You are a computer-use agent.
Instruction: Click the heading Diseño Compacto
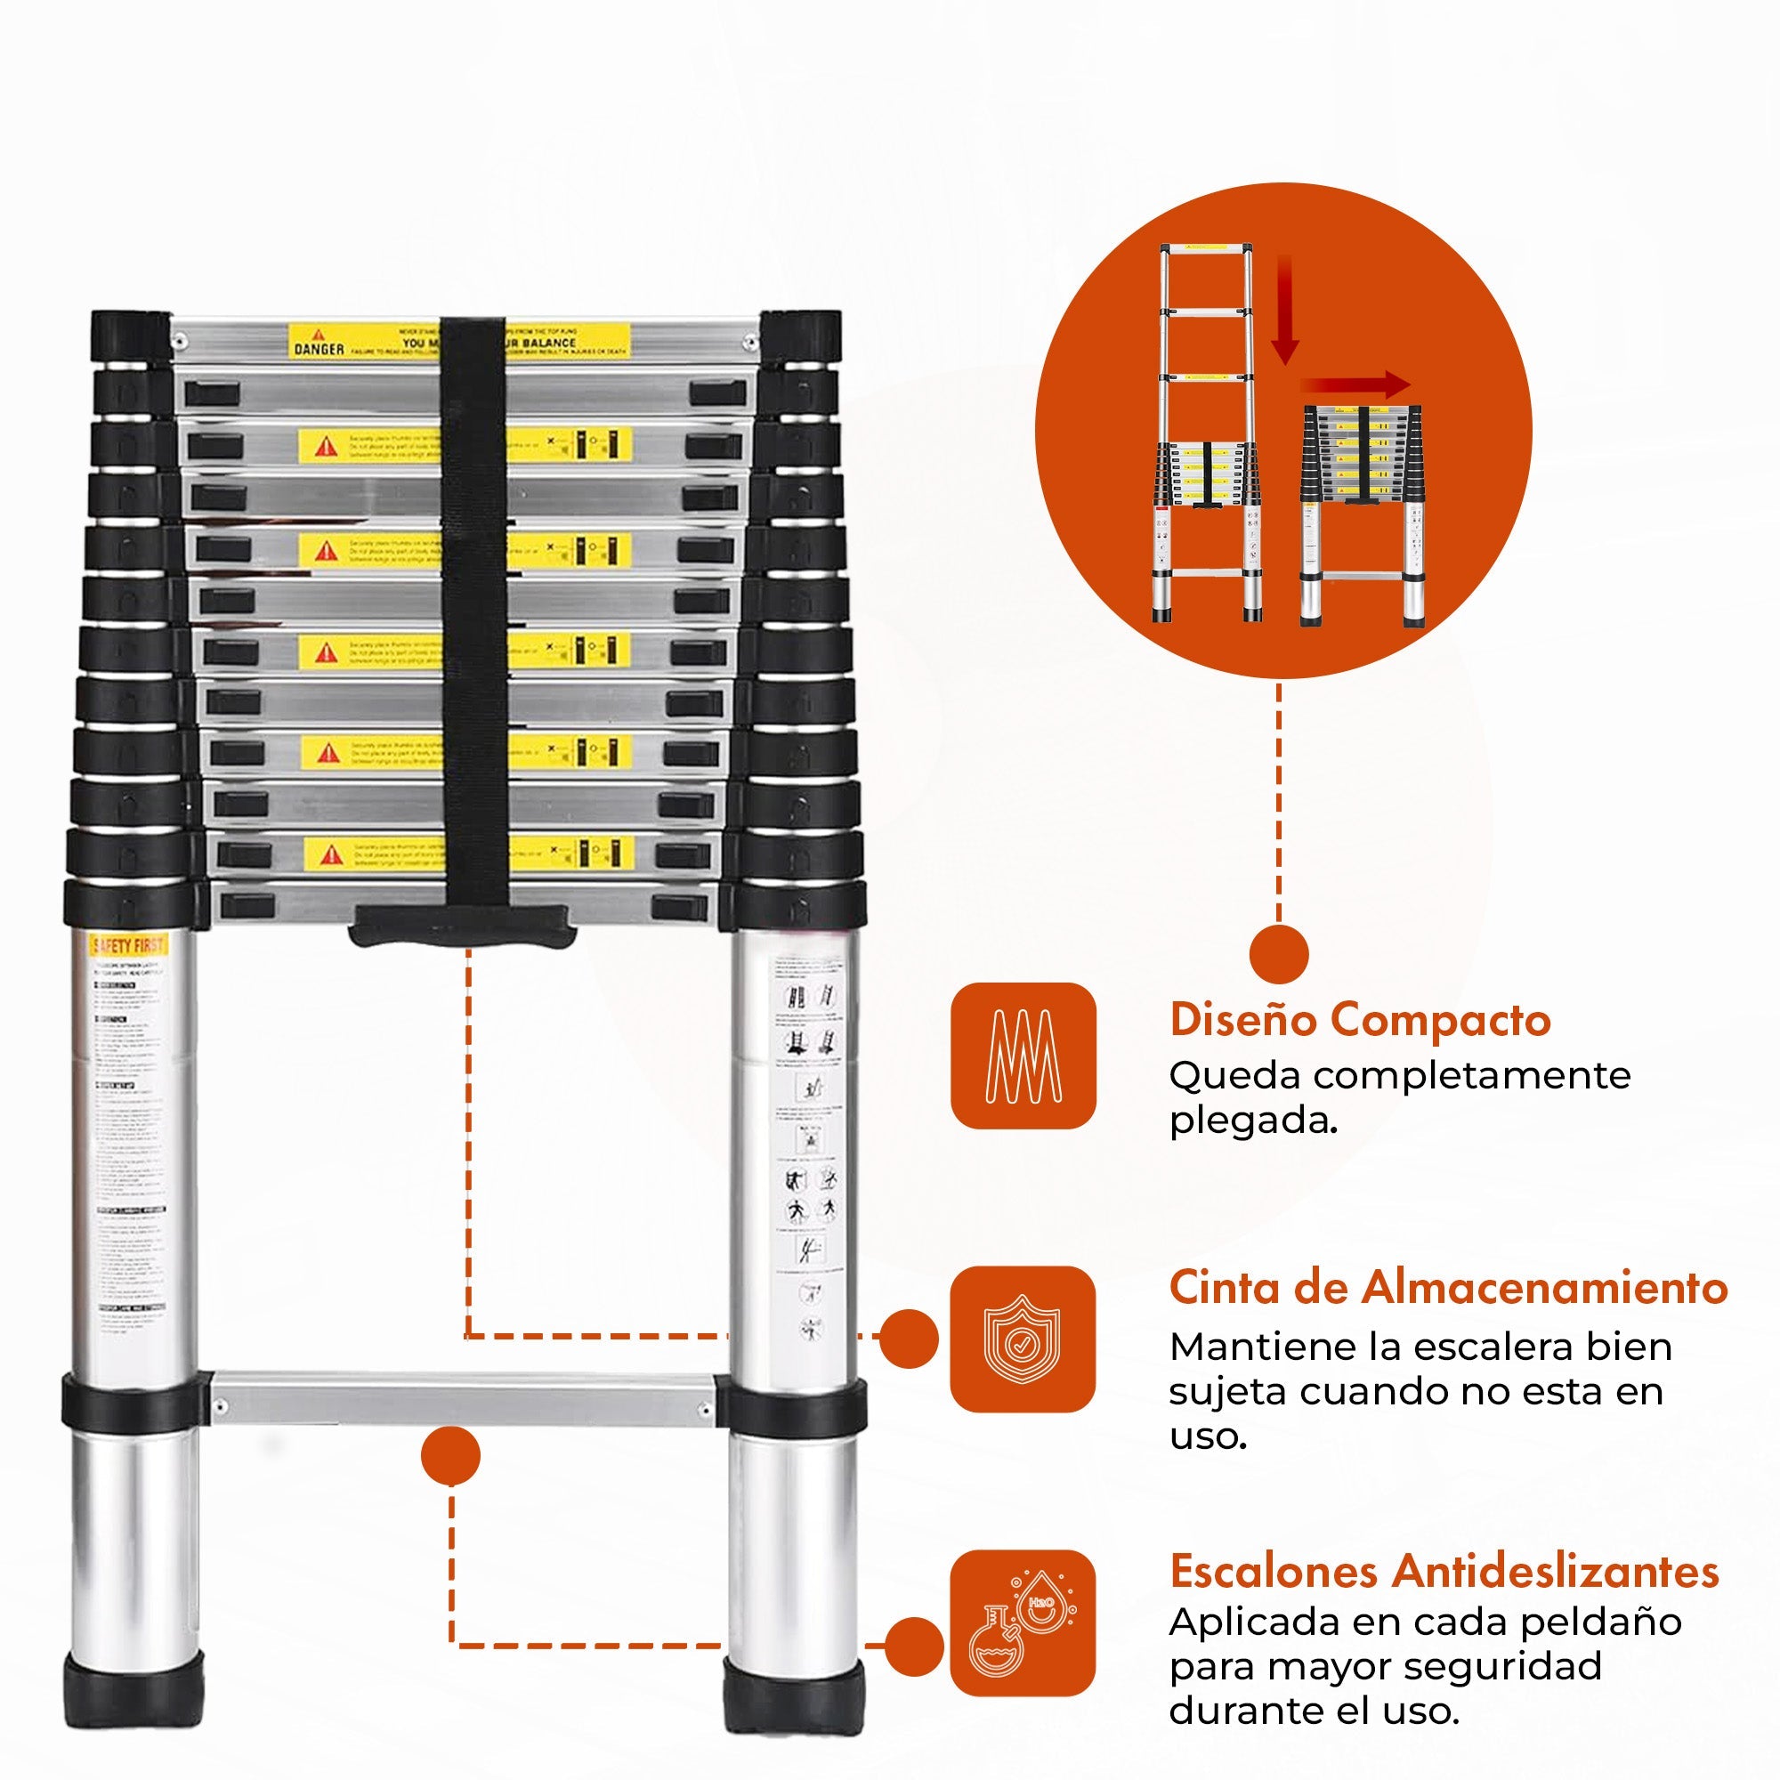(x=1360, y=1021)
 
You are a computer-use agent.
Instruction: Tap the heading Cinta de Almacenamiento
(x=1447, y=1288)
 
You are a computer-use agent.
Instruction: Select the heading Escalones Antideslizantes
(x=1444, y=1572)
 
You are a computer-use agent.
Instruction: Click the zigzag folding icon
(x=1023, y=1056)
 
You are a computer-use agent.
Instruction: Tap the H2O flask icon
(x=1023, y=1623)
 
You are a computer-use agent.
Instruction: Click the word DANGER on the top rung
(x=319, y=349)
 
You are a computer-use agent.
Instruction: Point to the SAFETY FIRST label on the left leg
(x=128, y=945)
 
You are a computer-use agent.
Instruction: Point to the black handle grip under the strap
(x=463, y=925)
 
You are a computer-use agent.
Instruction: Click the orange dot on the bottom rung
(x=450, y=1456)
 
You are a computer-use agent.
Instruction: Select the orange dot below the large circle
(x=1279, y=953)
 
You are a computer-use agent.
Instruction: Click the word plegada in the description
(x=1251, y=1121)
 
